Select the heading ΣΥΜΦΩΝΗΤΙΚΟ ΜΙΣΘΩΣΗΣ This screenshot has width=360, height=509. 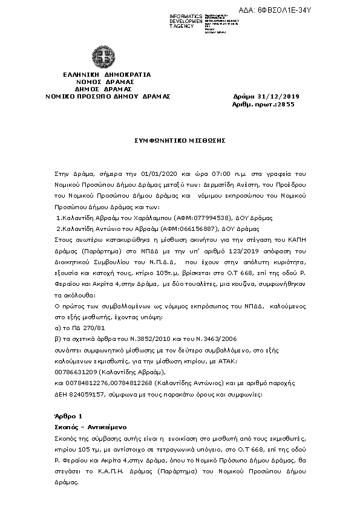point(180,140)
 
